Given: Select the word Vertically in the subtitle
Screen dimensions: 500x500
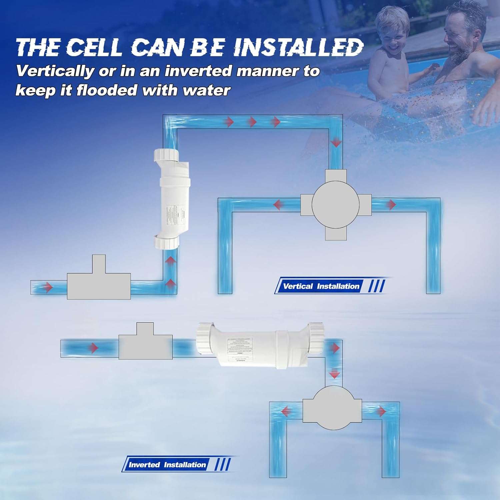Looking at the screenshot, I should point(55,71).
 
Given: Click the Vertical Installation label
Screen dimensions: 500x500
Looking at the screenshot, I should point(321,286).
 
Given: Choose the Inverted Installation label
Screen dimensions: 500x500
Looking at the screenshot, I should point(167,465).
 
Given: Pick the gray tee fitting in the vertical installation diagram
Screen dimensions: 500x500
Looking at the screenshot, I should point(99,282).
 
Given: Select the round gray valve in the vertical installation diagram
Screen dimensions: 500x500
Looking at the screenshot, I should point(336,204).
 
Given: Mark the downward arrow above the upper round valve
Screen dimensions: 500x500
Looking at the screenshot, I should point(336,143).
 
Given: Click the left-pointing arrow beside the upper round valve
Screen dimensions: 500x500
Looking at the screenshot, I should point(277,204).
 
